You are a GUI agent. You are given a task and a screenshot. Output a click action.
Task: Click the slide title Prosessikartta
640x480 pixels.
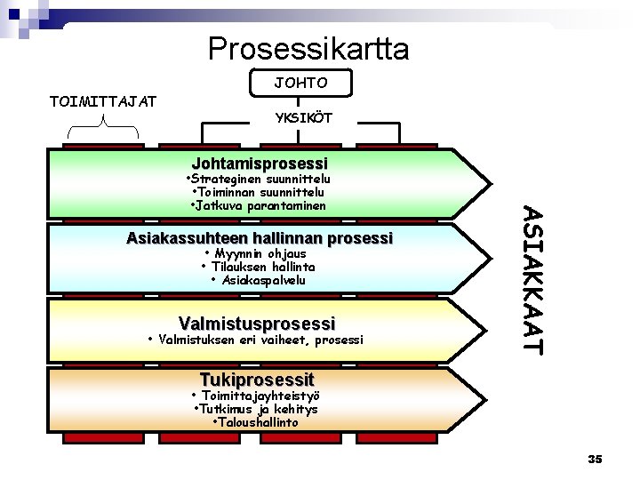click(308, 48)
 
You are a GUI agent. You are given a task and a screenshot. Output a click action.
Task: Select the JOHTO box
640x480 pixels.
click(302, 82)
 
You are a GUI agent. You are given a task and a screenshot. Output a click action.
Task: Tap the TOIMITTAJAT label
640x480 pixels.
click(103, 100)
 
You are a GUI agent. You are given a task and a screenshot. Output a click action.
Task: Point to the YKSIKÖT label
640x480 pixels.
click(303, 118)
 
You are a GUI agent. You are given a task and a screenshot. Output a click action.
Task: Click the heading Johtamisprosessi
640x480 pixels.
click(260, 164)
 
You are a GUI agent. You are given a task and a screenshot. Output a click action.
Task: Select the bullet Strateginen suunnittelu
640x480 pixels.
click(260, 179)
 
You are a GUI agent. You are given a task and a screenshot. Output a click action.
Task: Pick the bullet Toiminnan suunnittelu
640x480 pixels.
click(258, 192)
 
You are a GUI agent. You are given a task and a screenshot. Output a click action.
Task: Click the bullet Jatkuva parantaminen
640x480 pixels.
click(258, 205)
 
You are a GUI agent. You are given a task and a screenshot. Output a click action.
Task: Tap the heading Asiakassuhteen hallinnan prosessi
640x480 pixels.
click(260, 238)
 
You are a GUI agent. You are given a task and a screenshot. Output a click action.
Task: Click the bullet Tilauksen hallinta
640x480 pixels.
click(258, 267)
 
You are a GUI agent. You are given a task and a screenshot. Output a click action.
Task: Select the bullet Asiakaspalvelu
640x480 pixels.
click(258, 280)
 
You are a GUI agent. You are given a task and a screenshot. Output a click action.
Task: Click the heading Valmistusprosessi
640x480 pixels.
click(257, 323)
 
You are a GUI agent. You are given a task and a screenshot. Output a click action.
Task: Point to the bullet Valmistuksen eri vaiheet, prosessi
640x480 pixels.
click(255, 340)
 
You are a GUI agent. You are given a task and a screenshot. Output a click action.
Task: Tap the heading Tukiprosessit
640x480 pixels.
click(257, 379)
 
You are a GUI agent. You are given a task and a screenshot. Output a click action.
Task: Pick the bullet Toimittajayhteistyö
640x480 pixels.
click(256, 396)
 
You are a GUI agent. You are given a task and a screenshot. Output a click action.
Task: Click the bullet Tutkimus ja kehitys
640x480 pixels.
click(256, 409)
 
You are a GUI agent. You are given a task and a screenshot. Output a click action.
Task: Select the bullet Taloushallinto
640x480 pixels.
click(256, 422)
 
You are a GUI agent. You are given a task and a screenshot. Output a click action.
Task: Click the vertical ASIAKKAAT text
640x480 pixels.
click(531, 280)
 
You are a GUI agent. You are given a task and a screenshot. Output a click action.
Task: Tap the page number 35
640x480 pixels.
click(595, 459)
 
